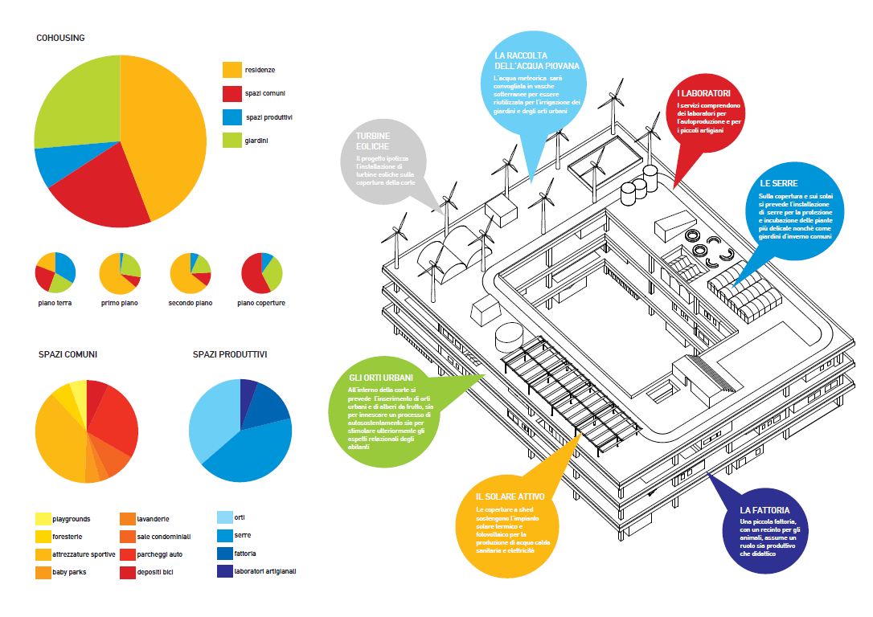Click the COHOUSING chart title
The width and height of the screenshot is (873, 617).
60,38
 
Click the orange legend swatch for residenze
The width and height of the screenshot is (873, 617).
232,70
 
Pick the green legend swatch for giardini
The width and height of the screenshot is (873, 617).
232,141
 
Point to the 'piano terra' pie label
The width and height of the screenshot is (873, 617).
55,303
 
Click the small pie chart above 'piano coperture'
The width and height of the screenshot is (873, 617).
262,273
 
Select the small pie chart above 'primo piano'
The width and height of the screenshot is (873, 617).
121,273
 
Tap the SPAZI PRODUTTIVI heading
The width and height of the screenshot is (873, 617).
230,354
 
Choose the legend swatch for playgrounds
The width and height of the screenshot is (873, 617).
44,519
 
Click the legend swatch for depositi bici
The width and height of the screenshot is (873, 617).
127,572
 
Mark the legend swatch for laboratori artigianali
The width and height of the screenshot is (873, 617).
225,571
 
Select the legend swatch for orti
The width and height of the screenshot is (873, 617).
225,517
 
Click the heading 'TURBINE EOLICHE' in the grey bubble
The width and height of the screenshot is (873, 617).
373,141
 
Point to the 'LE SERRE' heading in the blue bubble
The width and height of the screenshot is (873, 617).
778,183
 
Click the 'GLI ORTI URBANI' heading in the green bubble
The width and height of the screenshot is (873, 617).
381,378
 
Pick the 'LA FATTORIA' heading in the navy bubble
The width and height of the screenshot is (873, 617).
764,510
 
